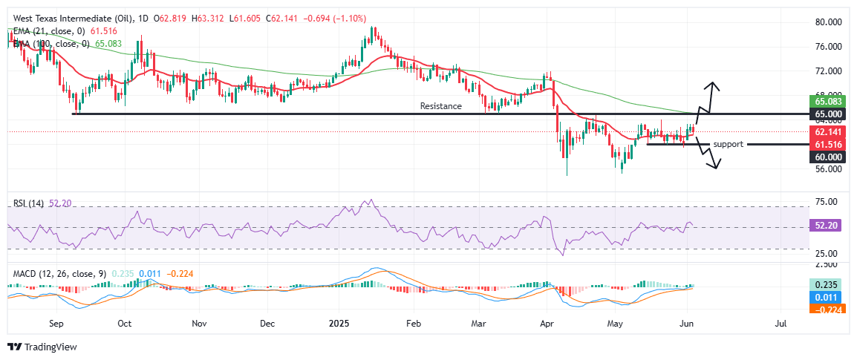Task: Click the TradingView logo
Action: tap(42, 347)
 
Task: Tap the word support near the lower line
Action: tap(728, 144)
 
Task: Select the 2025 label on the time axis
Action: tap(339, 324)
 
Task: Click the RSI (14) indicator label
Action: tap(25, 202)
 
